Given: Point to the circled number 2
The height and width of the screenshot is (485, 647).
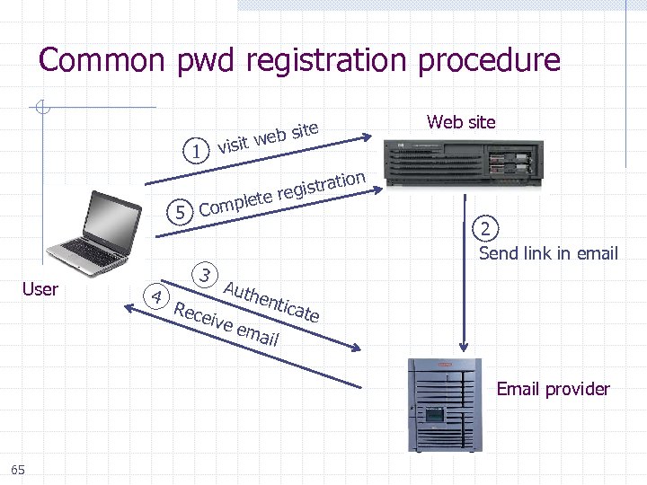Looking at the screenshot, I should pos(486,228).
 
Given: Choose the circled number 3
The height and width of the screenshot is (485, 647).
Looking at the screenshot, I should pos(207,274).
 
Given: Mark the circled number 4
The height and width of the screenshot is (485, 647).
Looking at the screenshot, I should pos(156,296).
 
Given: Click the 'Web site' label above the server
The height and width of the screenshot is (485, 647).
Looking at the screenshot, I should pos(461,122).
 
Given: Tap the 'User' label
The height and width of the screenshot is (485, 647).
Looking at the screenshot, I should pos(40,289).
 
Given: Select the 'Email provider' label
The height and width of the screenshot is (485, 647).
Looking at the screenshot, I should pos(553,389).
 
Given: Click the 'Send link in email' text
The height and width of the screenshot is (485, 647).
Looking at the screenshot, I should pos(548,253).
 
